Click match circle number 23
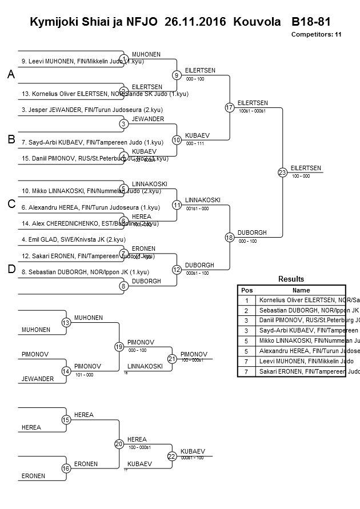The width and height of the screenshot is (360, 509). (282, 173)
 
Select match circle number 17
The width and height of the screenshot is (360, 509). (230, 107)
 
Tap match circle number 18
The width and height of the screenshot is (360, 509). (230, 237)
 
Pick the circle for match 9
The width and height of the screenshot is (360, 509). (177, 75)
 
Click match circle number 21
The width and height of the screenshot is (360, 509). (172, 359)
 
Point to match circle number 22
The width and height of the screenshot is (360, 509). (172, 456)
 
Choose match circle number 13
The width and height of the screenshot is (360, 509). (66, 323)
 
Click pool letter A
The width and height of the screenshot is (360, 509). (11, 75)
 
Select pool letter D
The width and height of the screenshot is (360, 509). (11, 269)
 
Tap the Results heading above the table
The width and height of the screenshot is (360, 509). (291, 279)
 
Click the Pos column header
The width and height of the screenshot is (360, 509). (247, 290)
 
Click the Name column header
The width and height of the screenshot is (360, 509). (301, 290)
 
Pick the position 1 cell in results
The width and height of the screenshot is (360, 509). (247, 300)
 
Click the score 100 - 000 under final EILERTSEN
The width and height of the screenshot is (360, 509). (301, 176)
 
